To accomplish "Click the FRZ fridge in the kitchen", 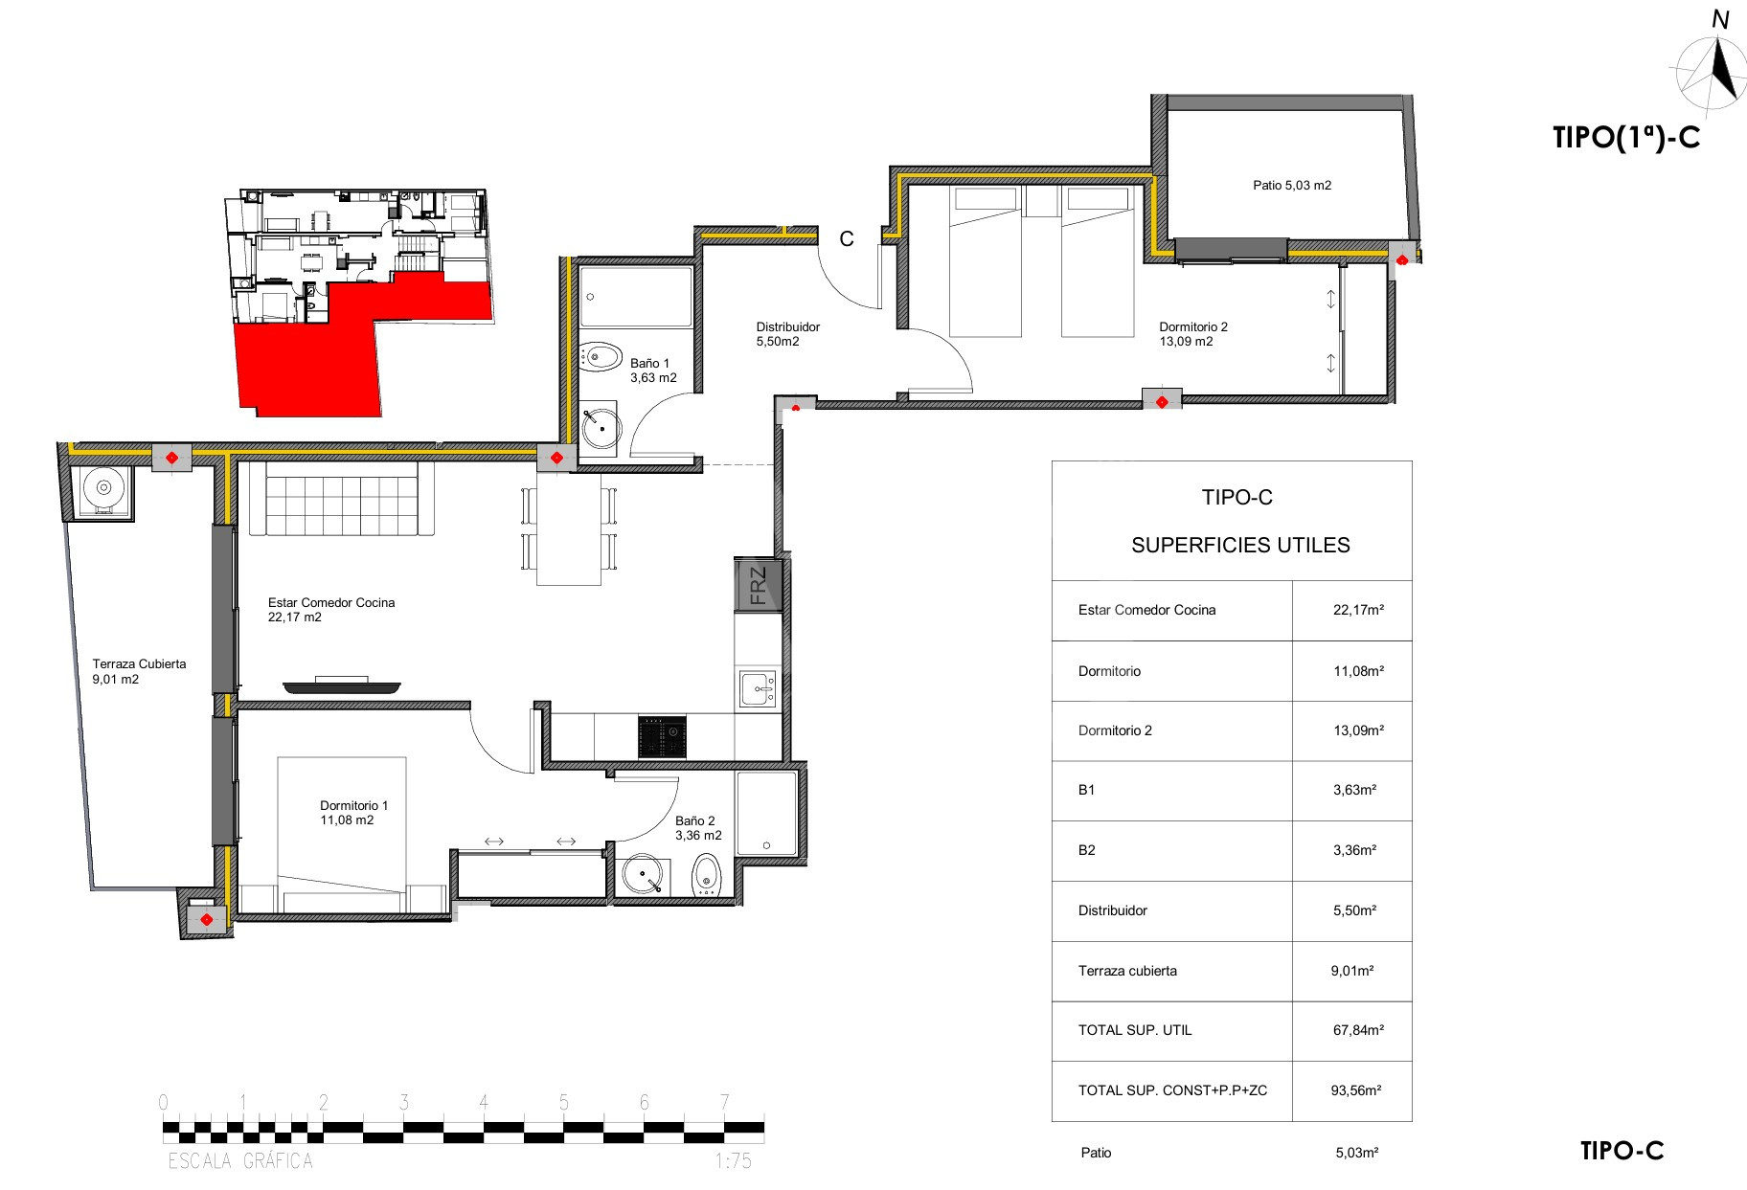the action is coord(759,585).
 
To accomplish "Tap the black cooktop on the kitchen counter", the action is coord(662,736).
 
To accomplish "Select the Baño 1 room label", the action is coord(653,370).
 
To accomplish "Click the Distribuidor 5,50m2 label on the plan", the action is coord(787,333).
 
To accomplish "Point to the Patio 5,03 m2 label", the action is coord(1292,186).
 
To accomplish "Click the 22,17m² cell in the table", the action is coord(1358,610).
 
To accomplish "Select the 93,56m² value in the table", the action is coord(1358,1090).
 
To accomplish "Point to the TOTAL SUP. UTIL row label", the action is coord(1135,1030).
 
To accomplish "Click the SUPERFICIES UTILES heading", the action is coord(1240,546).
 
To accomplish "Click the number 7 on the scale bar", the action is coord(724,1102).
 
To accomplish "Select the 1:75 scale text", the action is coord(733,1161).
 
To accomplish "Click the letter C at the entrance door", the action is coord(847,239).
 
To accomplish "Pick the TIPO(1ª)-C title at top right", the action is coord(1626,138).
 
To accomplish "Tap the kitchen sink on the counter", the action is coord(759,689).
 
